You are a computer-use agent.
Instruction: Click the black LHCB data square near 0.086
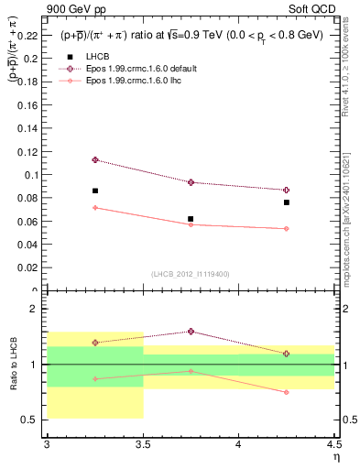pos(94,191)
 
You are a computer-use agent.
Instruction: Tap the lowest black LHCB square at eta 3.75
pos(191,219)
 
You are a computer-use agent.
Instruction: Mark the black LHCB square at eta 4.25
pos(287,202)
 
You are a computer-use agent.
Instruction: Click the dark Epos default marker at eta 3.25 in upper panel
pos(94,159)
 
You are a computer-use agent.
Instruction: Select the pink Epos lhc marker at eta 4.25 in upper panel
pos(287,229)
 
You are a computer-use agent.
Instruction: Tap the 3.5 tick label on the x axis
pos(142,444)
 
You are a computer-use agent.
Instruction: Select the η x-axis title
pos(335,457)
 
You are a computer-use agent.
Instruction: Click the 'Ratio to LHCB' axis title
pos(14,365)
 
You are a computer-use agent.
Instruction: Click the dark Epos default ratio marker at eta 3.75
pos(191,332)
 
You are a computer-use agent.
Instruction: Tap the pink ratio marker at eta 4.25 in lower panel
pos(287,392)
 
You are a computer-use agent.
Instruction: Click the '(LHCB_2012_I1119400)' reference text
pos(190,274)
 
